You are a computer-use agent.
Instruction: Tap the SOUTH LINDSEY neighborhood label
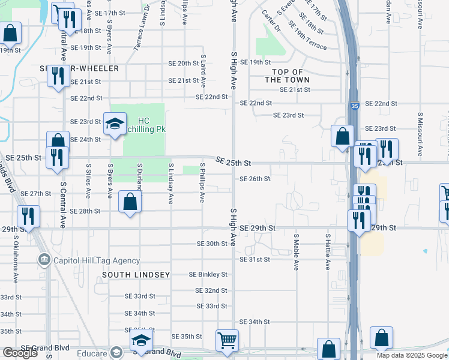pyautogui.click(x=136, y=275)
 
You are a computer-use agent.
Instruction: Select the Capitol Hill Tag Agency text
pyautogui.click(x=96, y=260)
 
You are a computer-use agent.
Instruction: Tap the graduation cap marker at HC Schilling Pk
pyautogui.click(x=115, y=125)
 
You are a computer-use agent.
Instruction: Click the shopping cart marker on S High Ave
pyautogui.click(x=227, y=341)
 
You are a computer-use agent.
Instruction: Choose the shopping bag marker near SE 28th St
pyautogui.click(x=130, y=202)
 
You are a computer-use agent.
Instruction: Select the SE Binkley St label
pyautogui.click(x=208, y=274)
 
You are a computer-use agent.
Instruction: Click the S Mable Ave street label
pyautogui.click(x=296, y=252)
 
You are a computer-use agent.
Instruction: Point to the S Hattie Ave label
pyautogui.click(x=328, y=252)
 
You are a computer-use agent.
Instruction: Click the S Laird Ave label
pyautogui.click(x=203, y=69)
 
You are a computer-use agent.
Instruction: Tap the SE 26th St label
pyautogui.click(x=255, y=179)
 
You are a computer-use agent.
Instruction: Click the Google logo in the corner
pyautogui.click(x=20, y=353)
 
